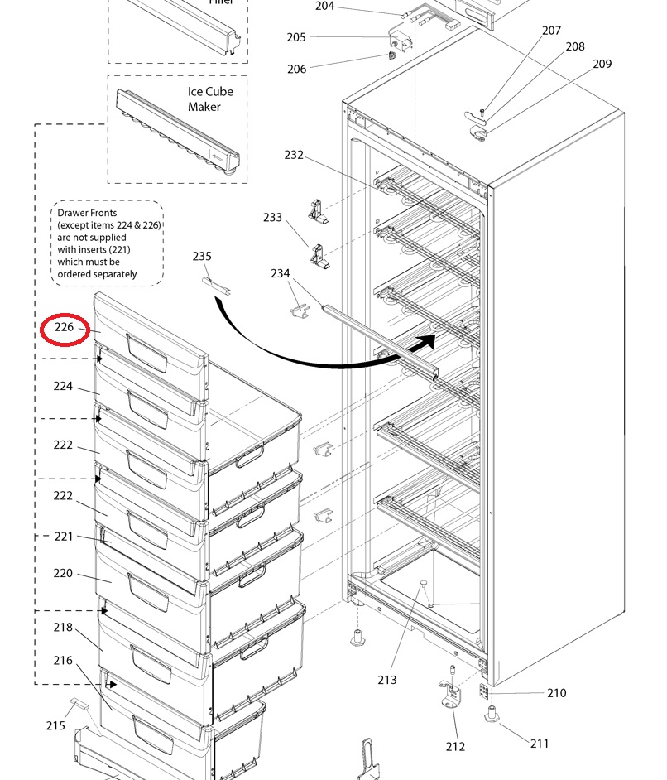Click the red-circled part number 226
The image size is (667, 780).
tap(65, 328)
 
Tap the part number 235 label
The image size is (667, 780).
tap(202, 257)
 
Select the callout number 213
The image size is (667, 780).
tap(387, 680)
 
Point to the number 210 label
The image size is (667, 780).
tap(557, 693)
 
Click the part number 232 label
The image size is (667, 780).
tap(294, 155)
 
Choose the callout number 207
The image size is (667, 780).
tap(552, 31)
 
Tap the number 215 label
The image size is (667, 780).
tap(55, 725)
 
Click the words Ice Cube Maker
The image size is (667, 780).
tap(210, 99)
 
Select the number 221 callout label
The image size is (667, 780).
tap(64, 537)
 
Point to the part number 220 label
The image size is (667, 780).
tap(63, 573)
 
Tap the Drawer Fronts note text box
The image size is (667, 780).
tap(107, 243)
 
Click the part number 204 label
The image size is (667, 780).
tap(324, 7)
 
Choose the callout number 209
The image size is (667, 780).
tap(602, 64)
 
